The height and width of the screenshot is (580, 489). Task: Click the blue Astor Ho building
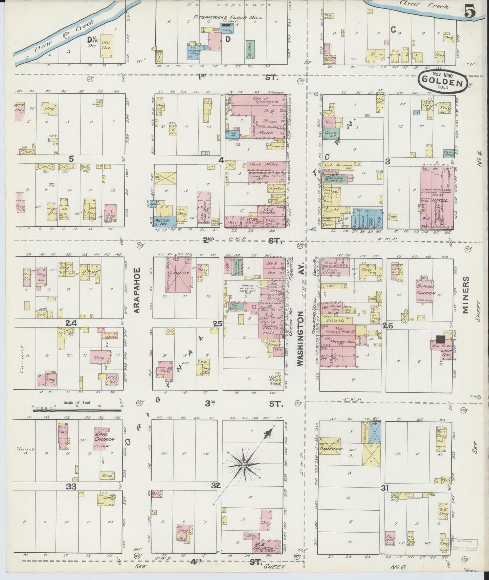[164, 222]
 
